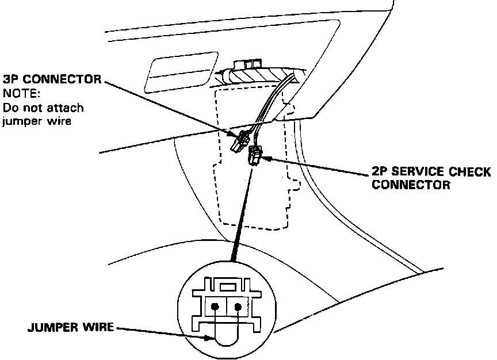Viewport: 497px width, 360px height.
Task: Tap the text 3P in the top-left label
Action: pyautogui.click(x=11, y=79)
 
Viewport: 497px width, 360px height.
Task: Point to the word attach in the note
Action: pyautogui.click(x=68, y=107)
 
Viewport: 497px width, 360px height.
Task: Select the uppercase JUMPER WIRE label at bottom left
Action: pyautogui.click(x=70, y=330)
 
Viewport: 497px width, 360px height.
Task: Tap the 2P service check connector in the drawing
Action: pyautogui.click(x=254, y=156)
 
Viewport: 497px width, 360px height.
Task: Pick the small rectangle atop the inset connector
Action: pyautogui.click(x=227, y=285)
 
